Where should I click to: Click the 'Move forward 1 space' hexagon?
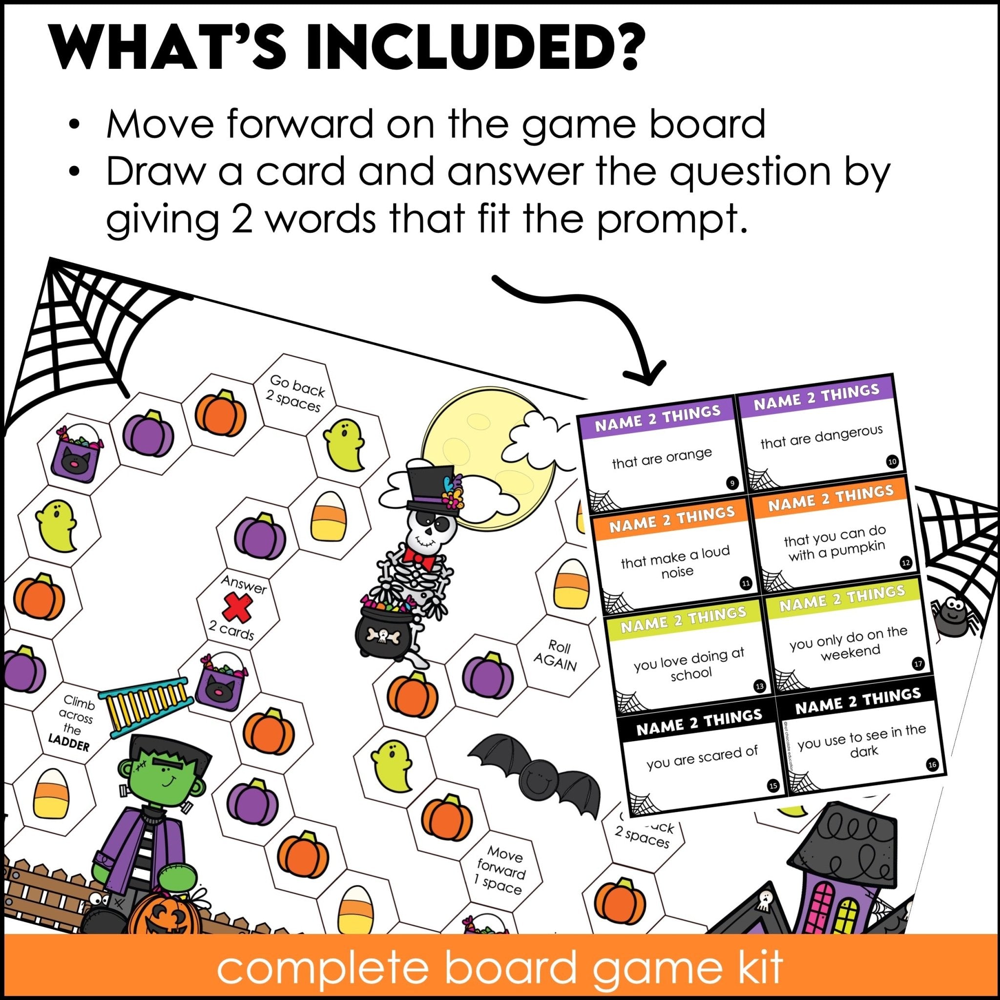point(500,870)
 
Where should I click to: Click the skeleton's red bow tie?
point(420,557)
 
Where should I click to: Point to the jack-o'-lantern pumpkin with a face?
point(161,926)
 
